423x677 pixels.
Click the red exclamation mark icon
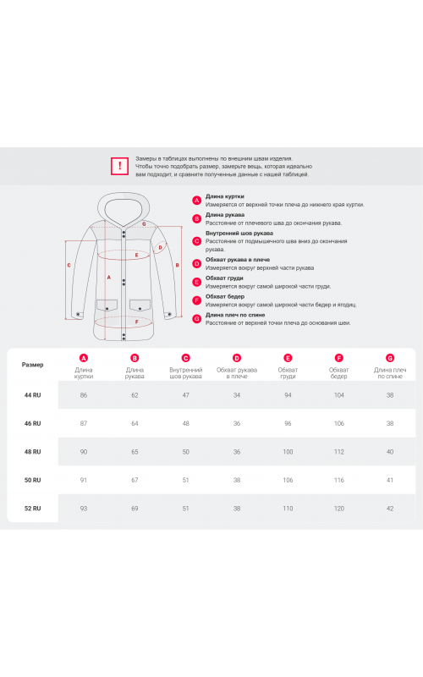pyautogui.click(x=119, y=166)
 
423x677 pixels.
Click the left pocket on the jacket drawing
pyautogui.click(x=107, y=305)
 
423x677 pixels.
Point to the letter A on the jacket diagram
pyautogui.click(x=109, y=278)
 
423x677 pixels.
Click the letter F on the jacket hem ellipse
pyautogui.click(x=137, y=322)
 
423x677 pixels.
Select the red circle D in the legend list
pyautogui.click(x=197, y=263)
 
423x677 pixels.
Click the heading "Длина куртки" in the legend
pyautogui.click(x=224, y=196)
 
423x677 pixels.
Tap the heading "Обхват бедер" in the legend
pyautogui.click(x=225, y=297)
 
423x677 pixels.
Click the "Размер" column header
pyautogui.click(x=33, y=365)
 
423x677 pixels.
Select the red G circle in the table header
pyautogui.click(x=390, y=358)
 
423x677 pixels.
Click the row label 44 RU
pyautogui.click(x=33, y=395)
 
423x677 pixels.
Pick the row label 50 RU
pyautogui.click(x=33, y=480)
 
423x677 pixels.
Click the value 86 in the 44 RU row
pyautogui.click(x=84, y=395)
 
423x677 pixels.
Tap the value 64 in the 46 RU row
pyautogui.click(x=135, y=424)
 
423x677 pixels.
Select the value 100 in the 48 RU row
pyautogui.click(x=288, y=452)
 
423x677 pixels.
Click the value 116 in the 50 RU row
pyautogui.click(x=339, y=480)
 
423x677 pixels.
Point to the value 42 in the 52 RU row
pyautogui.click(x=390, y=509)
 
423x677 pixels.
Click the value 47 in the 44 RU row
pyautogui.click(x=185, y=395)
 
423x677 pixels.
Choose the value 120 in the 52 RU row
pyautogui.click(x=339, y=509)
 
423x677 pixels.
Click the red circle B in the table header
pyautogui.click(x=135, y=358)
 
